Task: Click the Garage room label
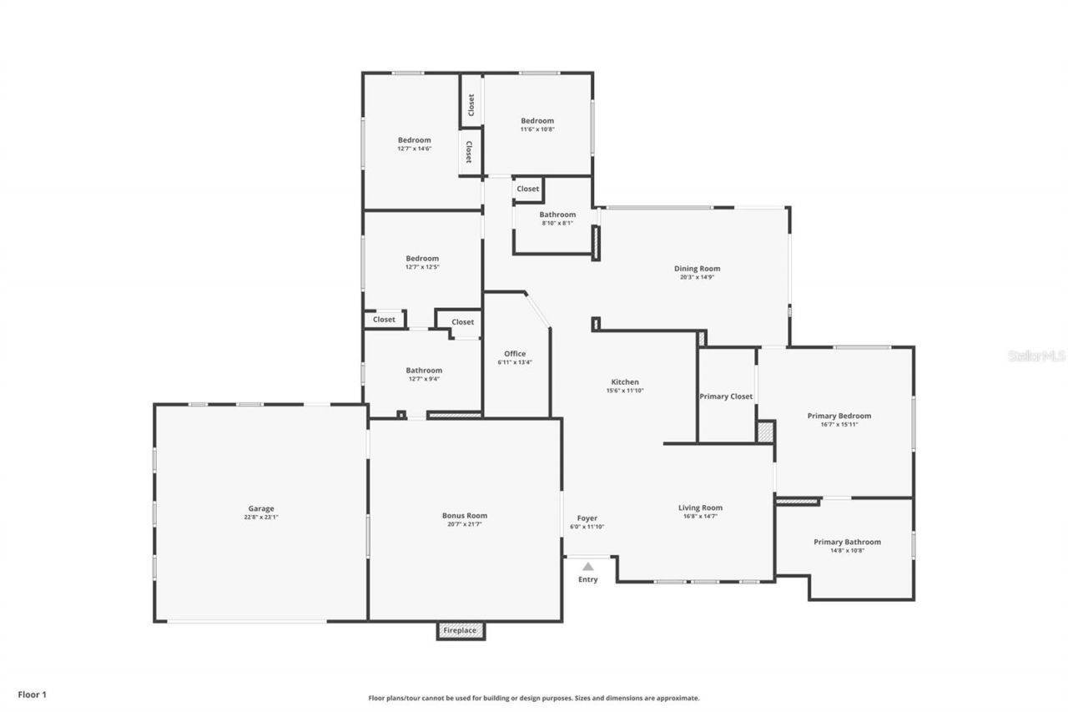(260, 508)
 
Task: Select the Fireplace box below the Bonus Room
(460, 630)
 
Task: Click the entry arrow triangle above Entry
(588, 567)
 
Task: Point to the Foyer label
(587, 518)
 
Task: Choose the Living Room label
(700, 507)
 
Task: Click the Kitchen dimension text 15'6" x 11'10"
(625, 391)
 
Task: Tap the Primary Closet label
(726, 396)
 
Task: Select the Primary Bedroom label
(839, 416)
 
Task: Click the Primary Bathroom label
(847, 542)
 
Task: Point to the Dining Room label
(697, 269)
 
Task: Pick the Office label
(515, 354)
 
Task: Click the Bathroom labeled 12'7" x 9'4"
(424, 371)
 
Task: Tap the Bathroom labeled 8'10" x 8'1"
(557, 215)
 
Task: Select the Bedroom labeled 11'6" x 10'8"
(537, 121)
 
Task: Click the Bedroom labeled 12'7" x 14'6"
(414, 140)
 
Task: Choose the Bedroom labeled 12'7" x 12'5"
(421, 259)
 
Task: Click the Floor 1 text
(33, 694)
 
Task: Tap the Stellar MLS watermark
(1036, 356)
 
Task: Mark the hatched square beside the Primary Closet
(765, 432)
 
